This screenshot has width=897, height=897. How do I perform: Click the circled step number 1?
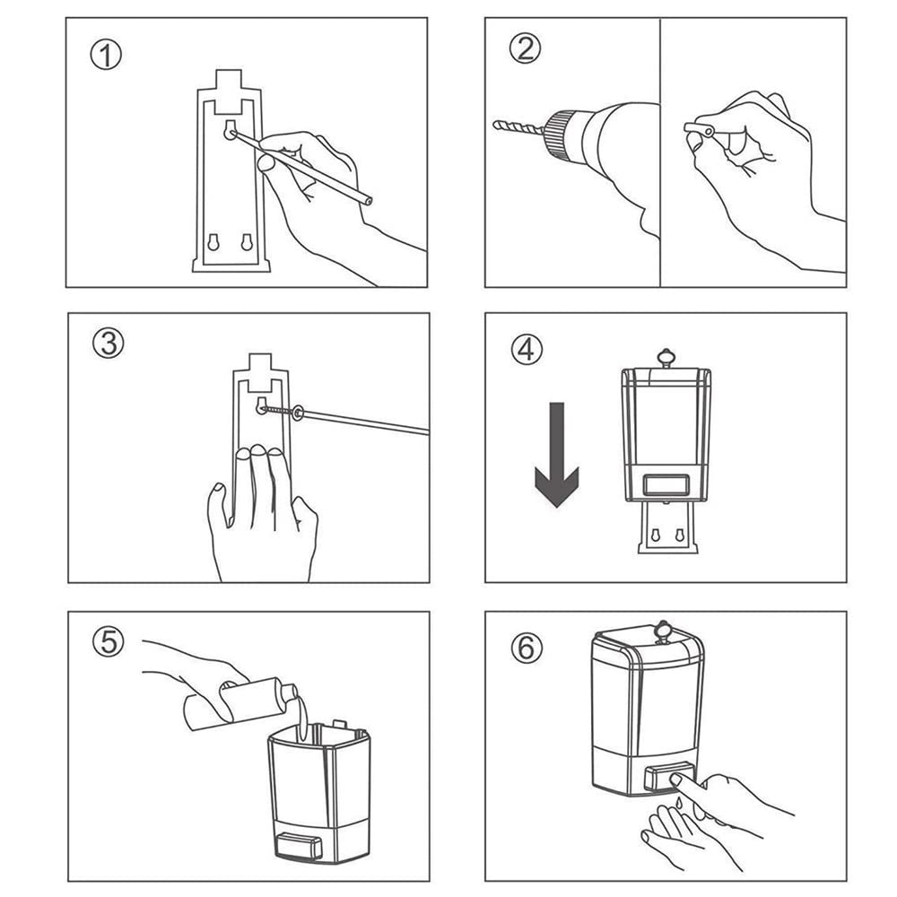tap(106, 56)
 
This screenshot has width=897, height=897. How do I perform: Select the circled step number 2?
tap(525, 48)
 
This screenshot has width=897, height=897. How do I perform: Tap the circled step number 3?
tap(109, 344)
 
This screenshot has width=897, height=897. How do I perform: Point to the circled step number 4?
tap(527, 349)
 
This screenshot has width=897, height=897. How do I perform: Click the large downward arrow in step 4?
tap(557, 455)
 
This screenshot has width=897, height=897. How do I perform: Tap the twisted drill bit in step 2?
tap(518, 127)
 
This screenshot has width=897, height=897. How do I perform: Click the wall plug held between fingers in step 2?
tap(699, 130)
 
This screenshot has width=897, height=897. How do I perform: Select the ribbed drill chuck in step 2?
tap(559, 133)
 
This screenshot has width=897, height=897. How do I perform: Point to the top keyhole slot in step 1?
tap(230, 129)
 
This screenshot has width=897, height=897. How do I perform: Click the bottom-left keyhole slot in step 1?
tap(213, 242)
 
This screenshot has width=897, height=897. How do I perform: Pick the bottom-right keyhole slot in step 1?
tap(247, 242)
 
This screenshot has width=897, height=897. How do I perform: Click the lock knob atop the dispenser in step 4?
tap(666, 358)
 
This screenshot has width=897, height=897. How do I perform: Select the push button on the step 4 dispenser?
tap(666, 485)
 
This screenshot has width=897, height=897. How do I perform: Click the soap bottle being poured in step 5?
tap(240, 703)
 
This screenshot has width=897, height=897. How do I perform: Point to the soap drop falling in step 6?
tap(678, 803)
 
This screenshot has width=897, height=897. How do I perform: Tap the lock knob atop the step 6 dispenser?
tap(663, 631)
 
